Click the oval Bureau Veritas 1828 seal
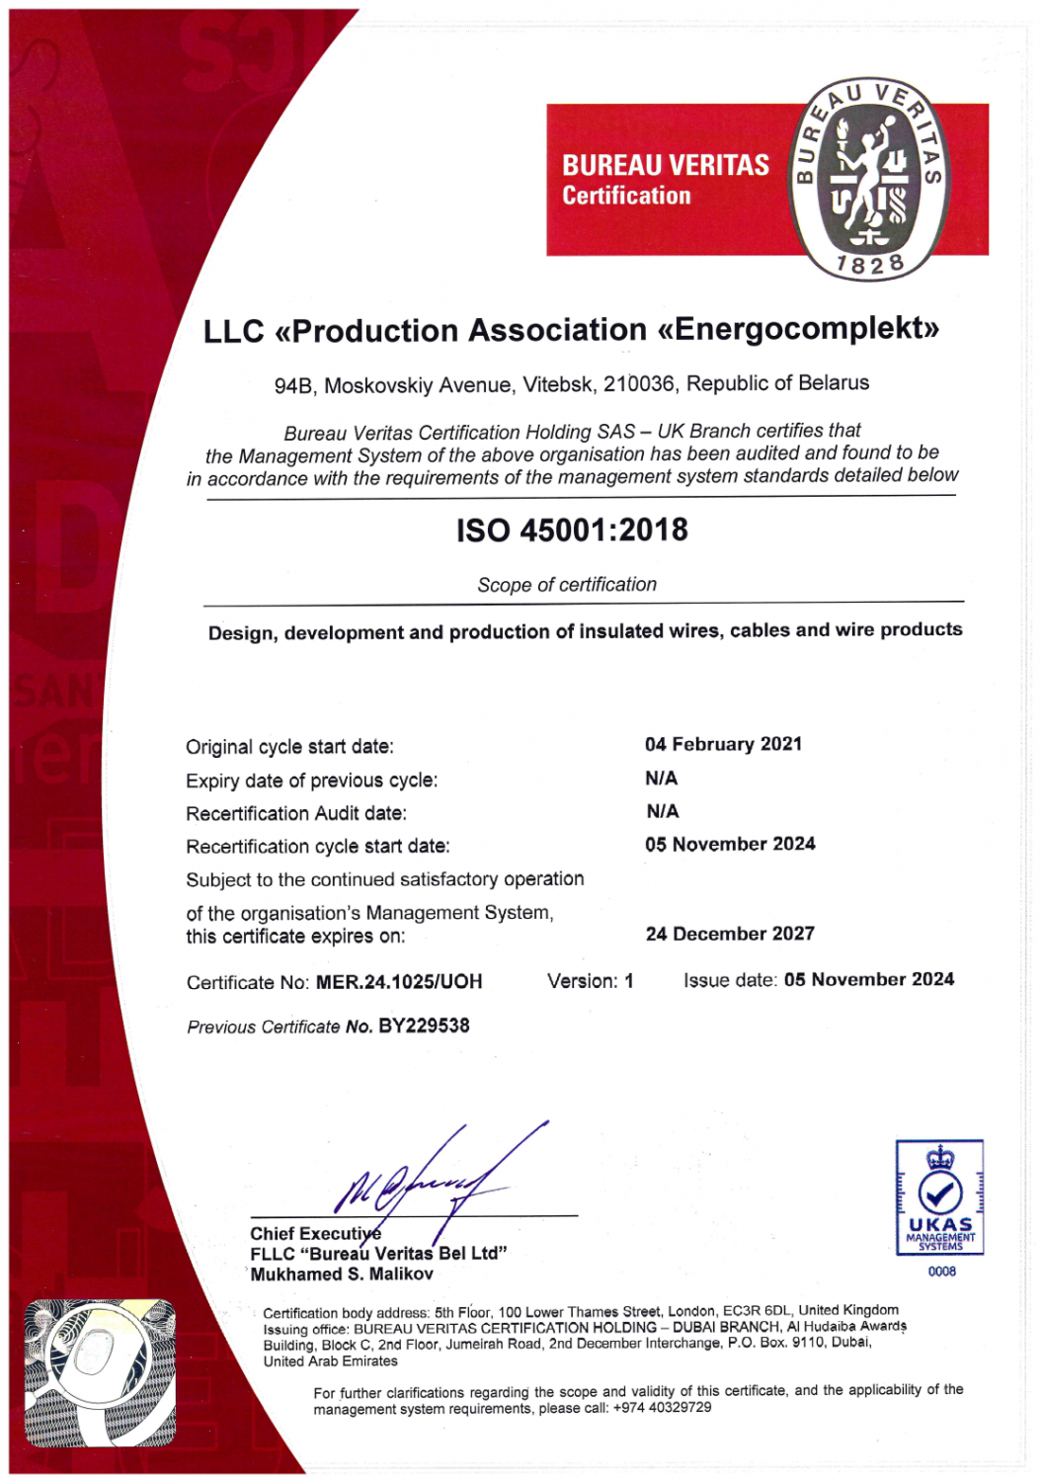[x=868, y=179]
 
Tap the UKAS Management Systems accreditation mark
[x=939, y=1197]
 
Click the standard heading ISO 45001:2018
[x=572, y=531]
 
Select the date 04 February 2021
[x=723, y=744]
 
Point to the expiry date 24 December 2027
[x=730, y=934]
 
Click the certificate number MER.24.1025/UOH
[x=399, y=982]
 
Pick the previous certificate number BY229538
[x=424, y=1026]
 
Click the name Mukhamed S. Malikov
[x=342, y=1275]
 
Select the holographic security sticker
[x=100, y=1372]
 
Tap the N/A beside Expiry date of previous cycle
[x=662, y=779]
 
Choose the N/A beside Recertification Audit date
[x=663, y=811]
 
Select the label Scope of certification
[x=567, y=585]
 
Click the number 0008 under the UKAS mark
[x=941, y=1272]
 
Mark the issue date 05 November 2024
[x=869, y=979]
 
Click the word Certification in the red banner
[x=626, y=196]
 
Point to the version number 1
[x=629, y=981]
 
